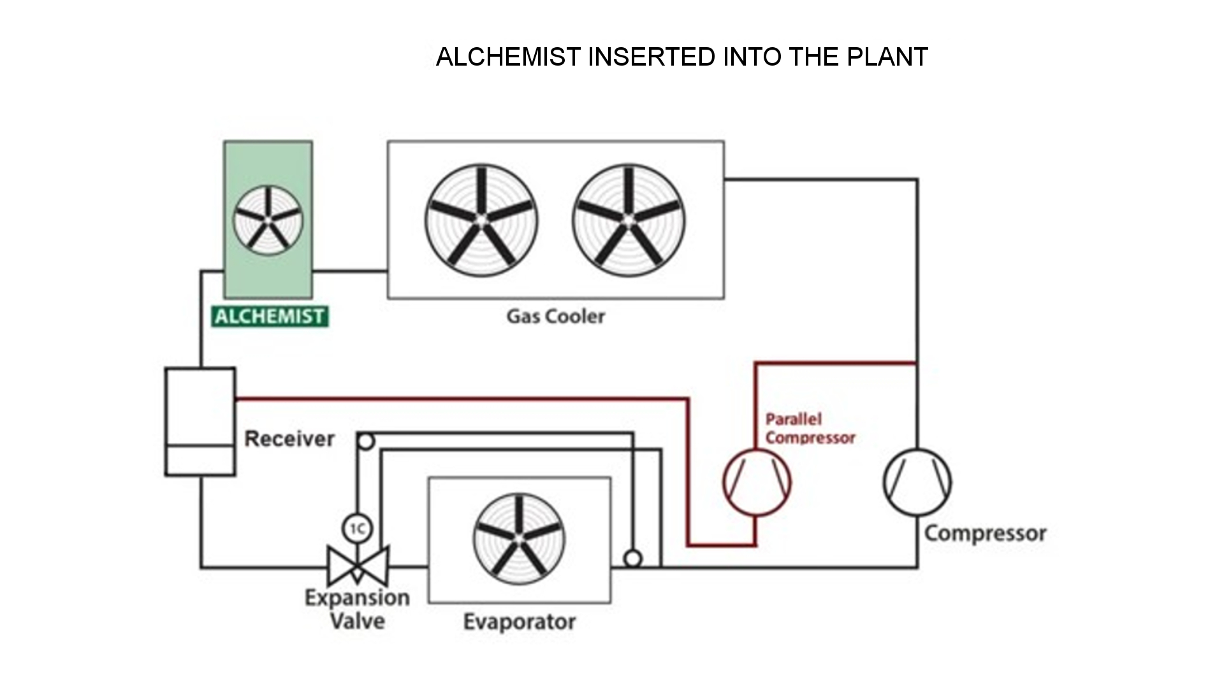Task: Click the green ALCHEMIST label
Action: click(x=270, y=317)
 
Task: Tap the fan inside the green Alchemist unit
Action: click(x=268, y=220)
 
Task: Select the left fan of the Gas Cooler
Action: click(x=481, y=220)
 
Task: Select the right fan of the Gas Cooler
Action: click(x=629, y=220)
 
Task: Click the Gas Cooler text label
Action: click(x=555, y=316)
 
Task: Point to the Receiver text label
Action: click(x=289, y=439)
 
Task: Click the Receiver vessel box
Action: click(x=200, y=421)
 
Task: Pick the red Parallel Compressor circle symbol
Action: click(x=757, y=482)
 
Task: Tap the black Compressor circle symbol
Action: click(x=917, y=482)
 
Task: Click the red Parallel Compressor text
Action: click(x=809, y=429)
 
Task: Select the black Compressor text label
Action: click(x=985, y=533)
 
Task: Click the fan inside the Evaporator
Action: click(x=519, y=539)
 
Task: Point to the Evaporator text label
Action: click(x=519, y=622)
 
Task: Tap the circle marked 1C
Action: click(x=357, y=528)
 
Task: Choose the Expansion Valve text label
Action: click(x=357, y=609)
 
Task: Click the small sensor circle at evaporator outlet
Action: click(x=632, y=559)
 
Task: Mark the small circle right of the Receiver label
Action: click(x=365, y=441)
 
